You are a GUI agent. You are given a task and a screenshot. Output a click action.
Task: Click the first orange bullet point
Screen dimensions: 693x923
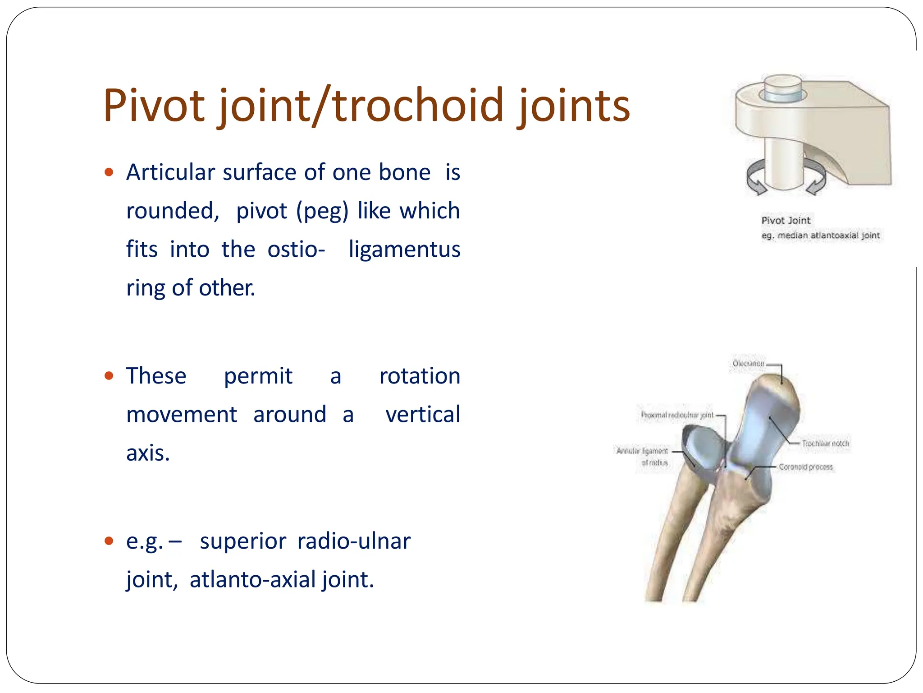tap(109, 172)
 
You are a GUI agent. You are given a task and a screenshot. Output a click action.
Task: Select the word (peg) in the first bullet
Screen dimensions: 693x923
tap(322, 211)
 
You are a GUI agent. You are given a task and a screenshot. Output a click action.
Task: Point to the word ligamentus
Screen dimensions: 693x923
tap(404, 249)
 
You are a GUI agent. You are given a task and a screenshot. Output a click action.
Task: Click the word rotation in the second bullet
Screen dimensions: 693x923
tap(420, 376)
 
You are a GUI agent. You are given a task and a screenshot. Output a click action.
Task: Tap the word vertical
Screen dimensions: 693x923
tap(423, 415)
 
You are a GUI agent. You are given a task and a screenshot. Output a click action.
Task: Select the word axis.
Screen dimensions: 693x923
tap(148, 453)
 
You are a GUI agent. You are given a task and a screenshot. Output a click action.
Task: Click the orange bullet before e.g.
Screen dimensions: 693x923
tap(109, 541)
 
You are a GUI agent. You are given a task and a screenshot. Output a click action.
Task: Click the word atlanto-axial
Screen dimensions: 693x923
tap(252, 580)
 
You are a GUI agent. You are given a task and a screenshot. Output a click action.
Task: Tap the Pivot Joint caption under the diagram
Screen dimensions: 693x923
tap(786, 220)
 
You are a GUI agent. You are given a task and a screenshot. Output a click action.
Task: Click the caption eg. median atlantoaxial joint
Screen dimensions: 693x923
tap(820, 235)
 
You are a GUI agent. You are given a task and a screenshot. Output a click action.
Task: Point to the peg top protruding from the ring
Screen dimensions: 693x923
tap(783, 85)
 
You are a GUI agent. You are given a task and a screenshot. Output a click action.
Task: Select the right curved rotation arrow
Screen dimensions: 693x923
tap(817, 178)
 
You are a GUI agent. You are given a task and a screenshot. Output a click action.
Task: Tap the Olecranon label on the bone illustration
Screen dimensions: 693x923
tap(748, 363)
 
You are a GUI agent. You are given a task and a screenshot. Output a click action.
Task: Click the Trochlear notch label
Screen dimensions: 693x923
tap(825, 444)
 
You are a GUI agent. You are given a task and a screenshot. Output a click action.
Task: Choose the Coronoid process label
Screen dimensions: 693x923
tap(806, 467)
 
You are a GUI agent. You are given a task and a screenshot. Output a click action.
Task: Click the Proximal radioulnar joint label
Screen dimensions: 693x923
tap(677, 415)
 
